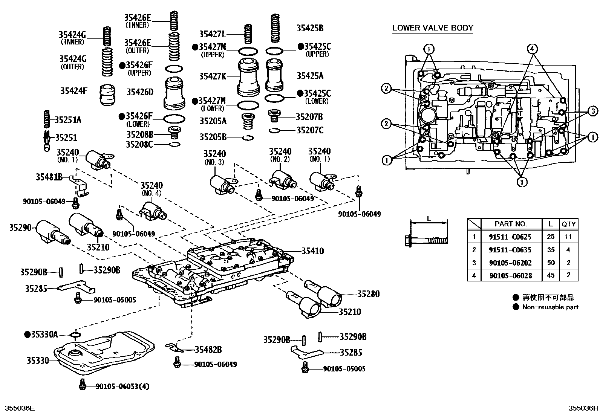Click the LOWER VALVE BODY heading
[433, 28]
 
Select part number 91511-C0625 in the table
[510, 237]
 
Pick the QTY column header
[568, 224]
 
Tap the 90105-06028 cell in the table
[510, 275]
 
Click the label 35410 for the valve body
[312, 251]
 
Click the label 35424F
[73, 91]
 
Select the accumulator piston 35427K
[249, 77]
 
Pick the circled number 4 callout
[532, 48]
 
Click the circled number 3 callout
[593, 111]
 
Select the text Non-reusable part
[550, 307]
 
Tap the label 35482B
[208, 350]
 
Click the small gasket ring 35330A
[75, 335]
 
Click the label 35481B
[49, 176]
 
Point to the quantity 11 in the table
[568, 237]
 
